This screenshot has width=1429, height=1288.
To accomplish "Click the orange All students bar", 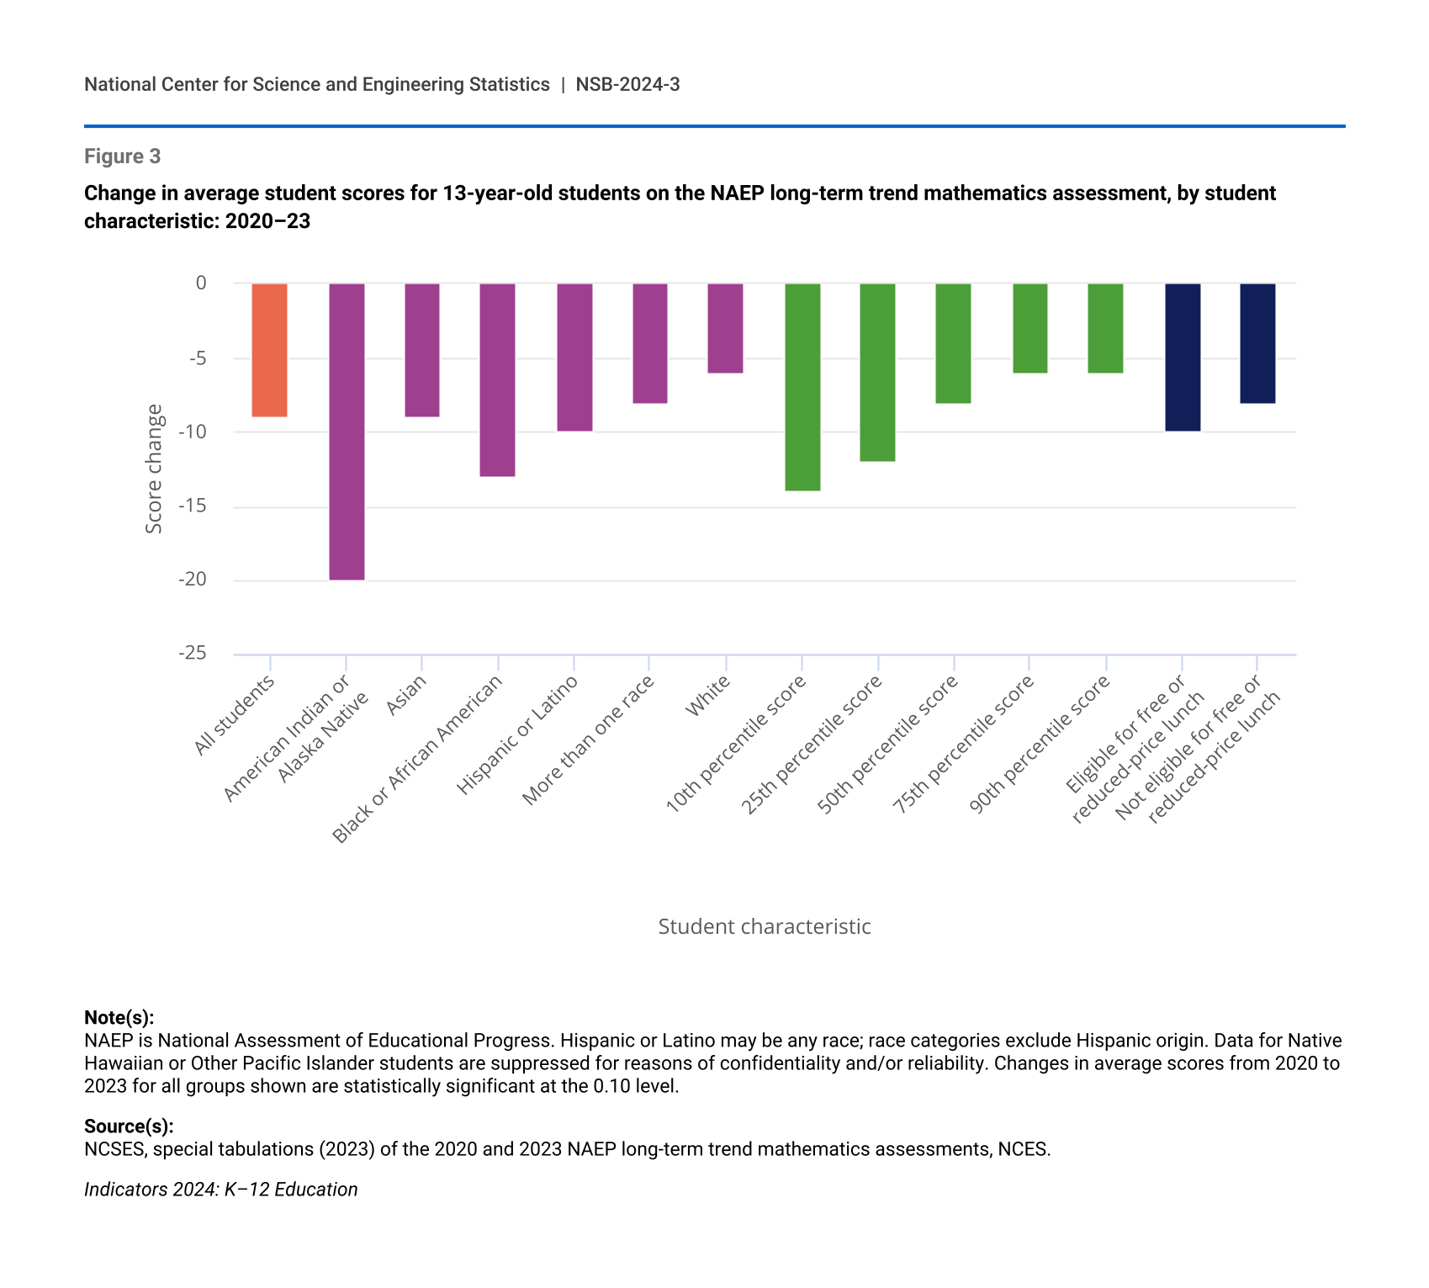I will coord(270,350).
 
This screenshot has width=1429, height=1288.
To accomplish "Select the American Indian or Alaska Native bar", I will coord(347,432).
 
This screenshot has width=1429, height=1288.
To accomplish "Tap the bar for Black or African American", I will coord(497,380).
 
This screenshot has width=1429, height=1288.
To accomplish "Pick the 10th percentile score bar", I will coord(802,387).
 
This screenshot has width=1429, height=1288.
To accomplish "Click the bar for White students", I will coord(725,328).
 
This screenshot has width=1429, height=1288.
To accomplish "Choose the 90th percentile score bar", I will coord(1105,328).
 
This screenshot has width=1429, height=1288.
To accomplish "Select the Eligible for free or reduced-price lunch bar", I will coord(1182,358).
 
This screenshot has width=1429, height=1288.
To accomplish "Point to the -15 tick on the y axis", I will coord(193,506).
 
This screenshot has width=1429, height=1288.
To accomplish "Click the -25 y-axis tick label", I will coord(193,653).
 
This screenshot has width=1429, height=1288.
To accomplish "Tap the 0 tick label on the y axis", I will coord(201,284).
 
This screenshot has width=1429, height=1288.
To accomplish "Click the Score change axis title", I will coord(154,469).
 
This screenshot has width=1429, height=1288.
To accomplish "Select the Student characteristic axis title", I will coord(764,926).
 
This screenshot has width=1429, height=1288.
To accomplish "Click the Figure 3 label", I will coord(122,156).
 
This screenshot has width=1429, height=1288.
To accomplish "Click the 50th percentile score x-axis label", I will coord(887,745).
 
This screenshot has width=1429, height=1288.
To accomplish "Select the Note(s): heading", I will coord(119,1017).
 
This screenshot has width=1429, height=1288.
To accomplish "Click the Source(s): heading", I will coord(129,1126).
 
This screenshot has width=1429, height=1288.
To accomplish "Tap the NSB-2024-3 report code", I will coord(627,84).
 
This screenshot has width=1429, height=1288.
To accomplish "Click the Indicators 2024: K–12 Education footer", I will coord(220,1189).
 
